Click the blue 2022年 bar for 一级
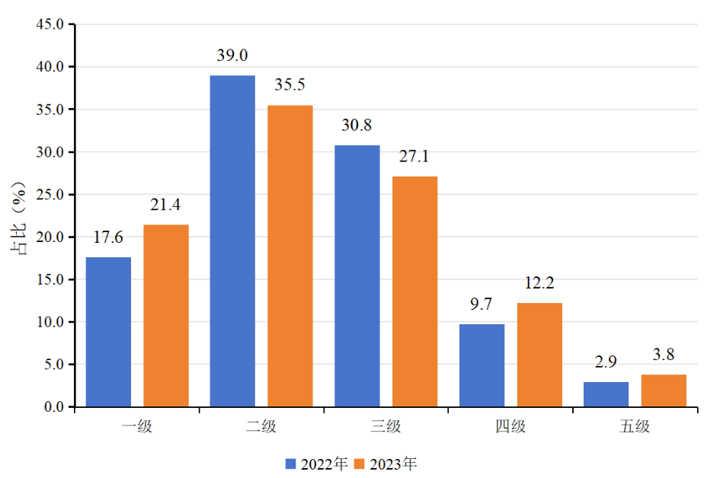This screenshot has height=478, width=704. click(108, 332)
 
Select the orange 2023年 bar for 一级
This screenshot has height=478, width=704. click(166, 316)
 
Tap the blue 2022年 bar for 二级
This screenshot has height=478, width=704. click(232, 241)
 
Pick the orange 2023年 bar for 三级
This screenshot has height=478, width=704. click(414, 292)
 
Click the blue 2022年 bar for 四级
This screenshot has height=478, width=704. click(482, 365)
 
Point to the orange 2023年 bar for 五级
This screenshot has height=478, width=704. click(664, 390)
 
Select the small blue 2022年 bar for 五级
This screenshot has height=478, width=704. click(606, 394)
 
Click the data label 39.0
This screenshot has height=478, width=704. click(232, 56)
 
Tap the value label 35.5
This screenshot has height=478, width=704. click(290, 85)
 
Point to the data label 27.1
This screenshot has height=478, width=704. click(414, 157)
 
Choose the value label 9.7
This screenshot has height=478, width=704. click(482, 304)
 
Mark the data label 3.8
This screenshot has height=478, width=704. click(664, 355)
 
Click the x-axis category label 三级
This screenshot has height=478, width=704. click(386, 426)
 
